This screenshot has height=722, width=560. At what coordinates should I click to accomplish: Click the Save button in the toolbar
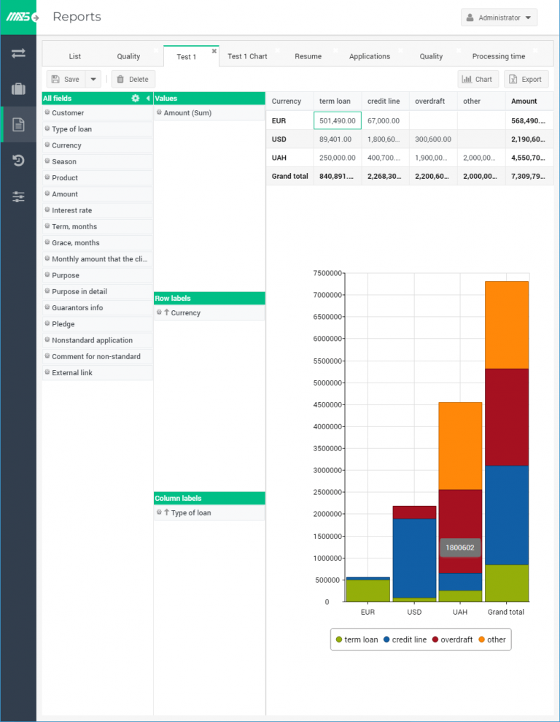tap(66, 79)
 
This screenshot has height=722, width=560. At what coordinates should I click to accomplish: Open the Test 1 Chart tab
tap(247, 56)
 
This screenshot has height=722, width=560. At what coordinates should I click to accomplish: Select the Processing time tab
tap(498, 56)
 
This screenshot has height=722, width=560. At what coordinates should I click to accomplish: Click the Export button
tap(526, 79)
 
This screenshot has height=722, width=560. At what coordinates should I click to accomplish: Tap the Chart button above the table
tap(478, 79)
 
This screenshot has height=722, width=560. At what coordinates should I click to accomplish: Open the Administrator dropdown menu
tap(499, 18)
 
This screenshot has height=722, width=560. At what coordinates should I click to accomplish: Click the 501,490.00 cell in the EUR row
tap(337, 120)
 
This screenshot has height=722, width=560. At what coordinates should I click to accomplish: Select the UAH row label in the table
tap(279, 157)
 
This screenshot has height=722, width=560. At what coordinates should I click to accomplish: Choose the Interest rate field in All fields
tap(71, 210)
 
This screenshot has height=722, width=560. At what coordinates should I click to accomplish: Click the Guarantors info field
tap(77, 308)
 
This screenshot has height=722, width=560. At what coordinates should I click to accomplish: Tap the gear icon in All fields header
tap(135, 98)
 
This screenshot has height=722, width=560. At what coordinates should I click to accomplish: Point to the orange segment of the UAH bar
tap(459, 445)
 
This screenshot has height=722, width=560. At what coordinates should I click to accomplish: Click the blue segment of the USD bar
tap(413, 558)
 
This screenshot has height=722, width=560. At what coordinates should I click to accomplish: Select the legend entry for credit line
tap(406, 640)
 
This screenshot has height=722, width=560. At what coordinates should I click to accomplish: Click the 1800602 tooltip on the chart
tap(459, 548)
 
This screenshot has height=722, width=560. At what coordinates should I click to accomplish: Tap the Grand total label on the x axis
tap(506, 612)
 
